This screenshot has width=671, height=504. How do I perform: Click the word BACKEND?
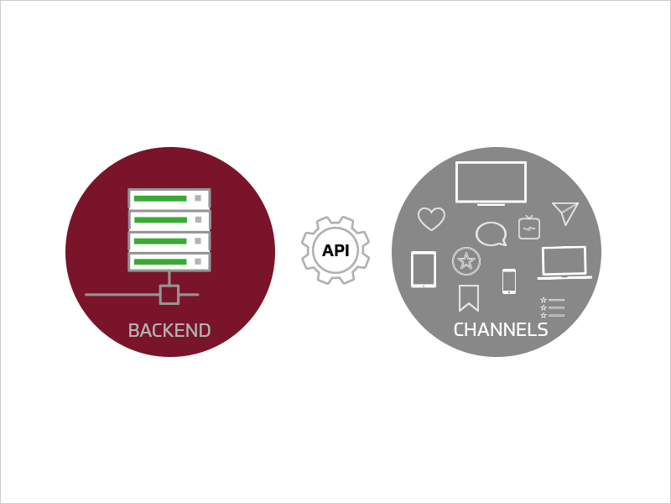pos(169,331)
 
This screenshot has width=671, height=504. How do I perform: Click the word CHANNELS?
pos(501,330)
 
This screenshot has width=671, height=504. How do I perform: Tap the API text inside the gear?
pos(335,250)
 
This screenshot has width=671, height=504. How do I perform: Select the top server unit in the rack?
pos(169,198)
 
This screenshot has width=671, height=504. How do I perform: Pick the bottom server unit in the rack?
pos(169,261)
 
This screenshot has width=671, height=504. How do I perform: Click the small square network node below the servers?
pos(169,294)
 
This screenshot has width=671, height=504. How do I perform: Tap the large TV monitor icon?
pos(491,181)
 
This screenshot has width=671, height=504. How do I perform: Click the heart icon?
pos(431,218)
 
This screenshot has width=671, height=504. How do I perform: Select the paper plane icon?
pos(565,213)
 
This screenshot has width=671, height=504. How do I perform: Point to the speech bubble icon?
pos(491,234)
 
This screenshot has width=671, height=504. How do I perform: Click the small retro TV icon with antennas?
pos(529,228)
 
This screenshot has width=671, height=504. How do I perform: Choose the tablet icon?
pos(424,269)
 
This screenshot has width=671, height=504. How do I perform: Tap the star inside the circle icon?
pos(466,261)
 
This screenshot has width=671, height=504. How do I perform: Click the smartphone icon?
pos(509,281)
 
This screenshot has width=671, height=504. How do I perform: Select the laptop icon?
pos(564,262)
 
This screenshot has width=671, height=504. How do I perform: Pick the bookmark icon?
pos(468,297)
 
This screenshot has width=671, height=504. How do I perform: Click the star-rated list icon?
pos(552,307)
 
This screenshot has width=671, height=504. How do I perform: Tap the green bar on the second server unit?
pos(160,220)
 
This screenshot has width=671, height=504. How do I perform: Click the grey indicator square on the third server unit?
pos(198,240)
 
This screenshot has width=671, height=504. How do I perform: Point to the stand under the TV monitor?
pos(491,204)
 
